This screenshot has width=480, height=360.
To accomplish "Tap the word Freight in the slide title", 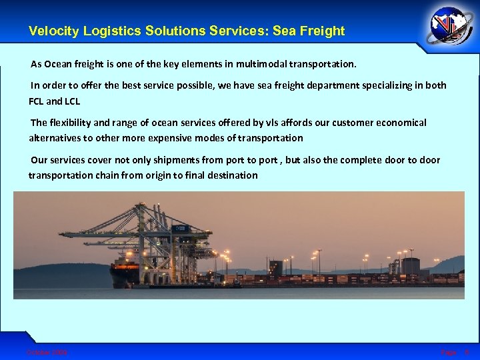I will tap(323, 31).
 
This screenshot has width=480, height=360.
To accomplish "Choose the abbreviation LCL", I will tap(72, 101).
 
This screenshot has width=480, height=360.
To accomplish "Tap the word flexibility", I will tap(72, 123).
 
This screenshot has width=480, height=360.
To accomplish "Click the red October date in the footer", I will tap(47, 352).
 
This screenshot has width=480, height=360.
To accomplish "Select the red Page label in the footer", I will tap(448, 352).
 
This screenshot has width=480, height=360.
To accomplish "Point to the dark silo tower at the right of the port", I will tap(410, 266).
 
